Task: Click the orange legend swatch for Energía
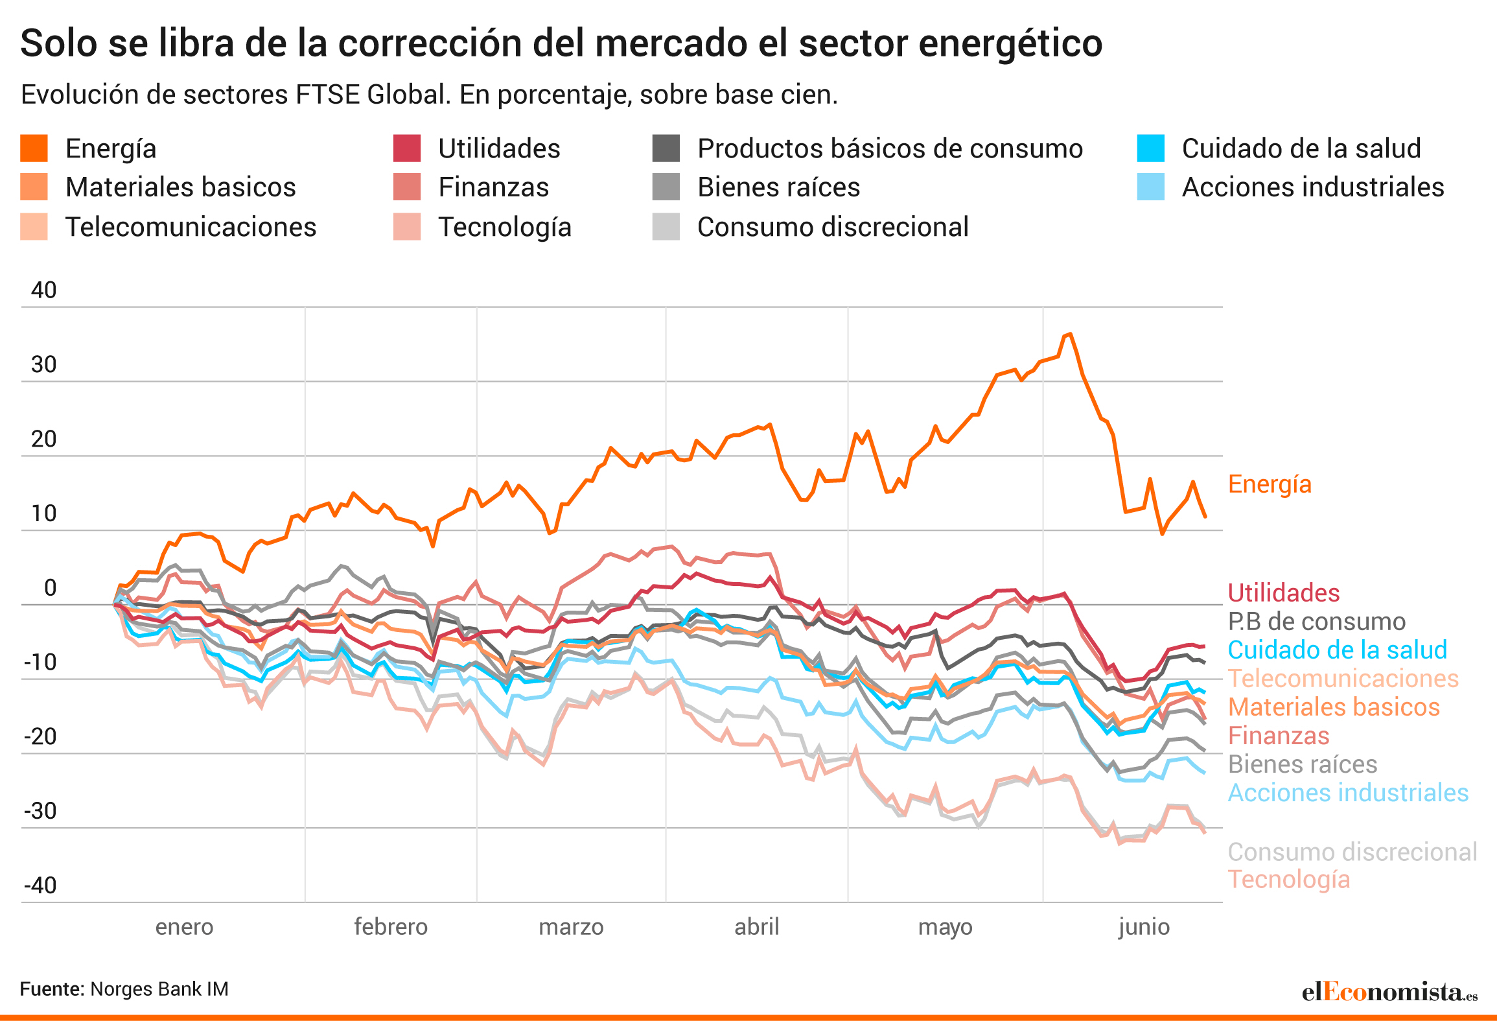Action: pyautogui.click(x=34, y=148)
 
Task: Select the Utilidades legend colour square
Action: pyautogui.click(x=407, y=148)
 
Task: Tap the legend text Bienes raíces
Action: pyautogui.click(x=778, y=187)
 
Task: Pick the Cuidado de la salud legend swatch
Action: pyautogui.click(x=1150, y=148)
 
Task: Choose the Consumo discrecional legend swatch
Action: pyautogui.click(x=666, y=227)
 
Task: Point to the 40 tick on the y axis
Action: pyautogui.click(x=43, y=290)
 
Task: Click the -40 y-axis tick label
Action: pyautogui.click(x=40, y=886)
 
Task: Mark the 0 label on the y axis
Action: pyautogui.click(x=50, y=588)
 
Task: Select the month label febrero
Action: pyautogui.click(x=391, y=927)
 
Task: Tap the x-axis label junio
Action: pyautogui.click(x=1144, y=927)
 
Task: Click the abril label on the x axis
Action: pyautogui.click(x=756, y=927)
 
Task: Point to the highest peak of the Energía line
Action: pyautogui.click(x=1070, y=334)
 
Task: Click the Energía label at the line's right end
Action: pyautogui.click(x=1270, y=484)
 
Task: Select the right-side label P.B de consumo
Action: pyautogui.click(x=1317, y=622)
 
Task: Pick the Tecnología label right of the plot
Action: pyautogui.click(x=1289, y=880)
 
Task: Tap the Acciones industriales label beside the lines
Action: pyautogui.click(x=1348, y=793)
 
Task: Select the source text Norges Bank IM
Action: pyautogui.click(x=159, y=989)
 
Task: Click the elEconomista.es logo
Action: pyautogui.click(x=1389, y=992)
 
